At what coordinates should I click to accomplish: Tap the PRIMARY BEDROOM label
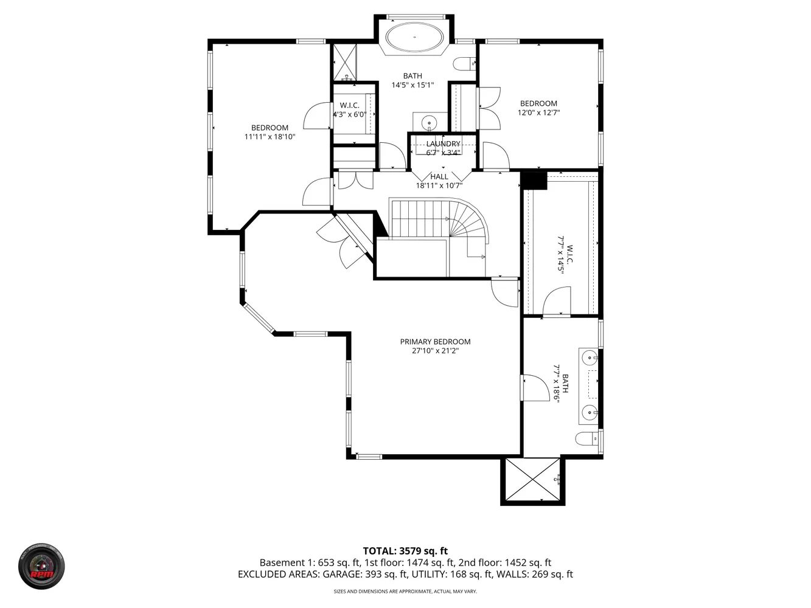pyautogui.click(x=435, y=342)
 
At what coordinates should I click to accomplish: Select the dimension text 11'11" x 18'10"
pyautogui.click(x=270, y=137)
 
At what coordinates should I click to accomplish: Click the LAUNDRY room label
pyautogui.click(x=443, y=144)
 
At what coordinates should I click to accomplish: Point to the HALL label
pyautogui.click(x=439, y=177)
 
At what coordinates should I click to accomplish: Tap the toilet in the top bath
pyautogui.click(x=464, y=63)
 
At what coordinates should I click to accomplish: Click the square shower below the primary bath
pyautogui.click(x=533, y=480)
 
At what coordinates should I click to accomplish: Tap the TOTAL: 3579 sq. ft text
pyautogui.click(x=405, y=551)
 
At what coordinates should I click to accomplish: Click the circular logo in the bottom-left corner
pyautogui.click(x=41, y=567)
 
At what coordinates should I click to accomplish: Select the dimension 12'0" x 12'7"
pyautogui.click(x=538, y=112)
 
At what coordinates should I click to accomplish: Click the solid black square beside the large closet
pyautogui.click(x=534, y=181)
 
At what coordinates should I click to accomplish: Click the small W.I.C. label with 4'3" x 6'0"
pyautogui.click(x=350, y=110)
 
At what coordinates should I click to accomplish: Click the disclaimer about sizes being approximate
pyautogui.click(x=405, y=592)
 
